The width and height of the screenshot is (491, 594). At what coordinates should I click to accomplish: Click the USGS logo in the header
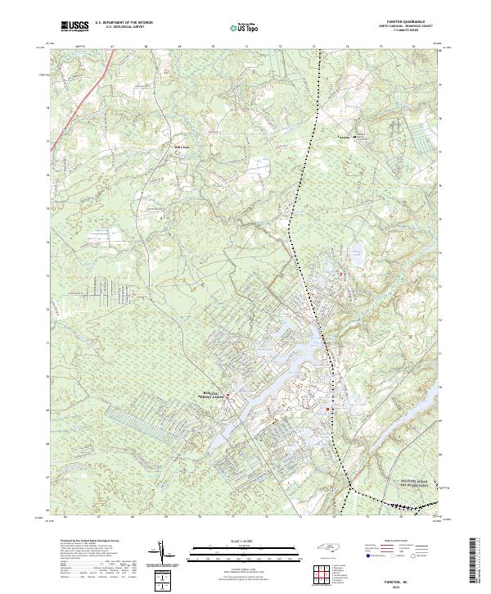74,26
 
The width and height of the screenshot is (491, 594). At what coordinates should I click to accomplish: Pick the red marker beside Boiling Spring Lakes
228,397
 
